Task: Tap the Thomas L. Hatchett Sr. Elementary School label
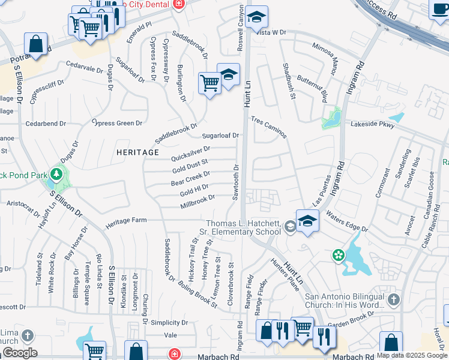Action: (x=243, y=227)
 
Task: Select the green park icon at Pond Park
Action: (x=57, y=175)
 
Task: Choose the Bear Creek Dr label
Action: (x=190, y=178)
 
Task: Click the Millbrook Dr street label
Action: (x=197, y=202)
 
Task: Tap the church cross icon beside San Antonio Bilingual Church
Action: (x=393, y=299)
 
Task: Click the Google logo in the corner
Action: (x=19, y=352)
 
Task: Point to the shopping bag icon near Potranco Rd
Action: (x=36, y=44)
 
